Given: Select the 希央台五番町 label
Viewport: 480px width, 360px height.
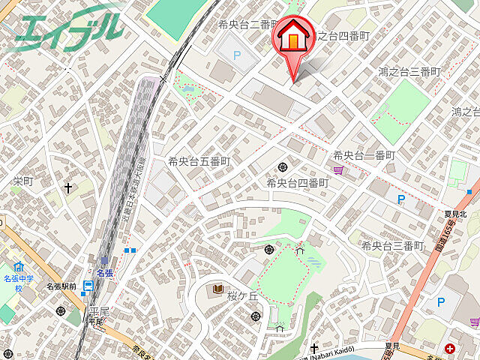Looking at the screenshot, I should point(199,161).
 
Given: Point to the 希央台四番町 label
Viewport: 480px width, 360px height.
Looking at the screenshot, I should point(298,183).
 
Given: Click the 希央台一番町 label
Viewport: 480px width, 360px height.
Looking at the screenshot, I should point(364,155).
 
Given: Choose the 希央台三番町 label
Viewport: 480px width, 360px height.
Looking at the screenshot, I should point(392,246).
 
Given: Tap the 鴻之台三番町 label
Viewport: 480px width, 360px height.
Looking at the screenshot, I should point(409,72).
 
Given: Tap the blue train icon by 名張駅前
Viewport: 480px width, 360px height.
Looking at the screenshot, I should point(88,285).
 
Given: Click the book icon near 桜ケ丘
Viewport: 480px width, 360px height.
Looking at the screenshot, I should point(218,289).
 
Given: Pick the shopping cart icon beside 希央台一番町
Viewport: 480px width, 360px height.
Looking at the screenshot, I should point(339,171).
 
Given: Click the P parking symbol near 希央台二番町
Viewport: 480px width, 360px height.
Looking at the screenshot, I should point(238,54).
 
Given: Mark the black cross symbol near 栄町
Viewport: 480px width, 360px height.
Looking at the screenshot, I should point(69,187).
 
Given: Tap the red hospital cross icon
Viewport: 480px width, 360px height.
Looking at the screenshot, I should point(450,349).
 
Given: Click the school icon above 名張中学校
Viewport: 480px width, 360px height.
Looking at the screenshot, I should point(19,266).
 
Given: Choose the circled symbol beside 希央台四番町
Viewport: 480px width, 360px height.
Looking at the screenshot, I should point(283,166).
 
